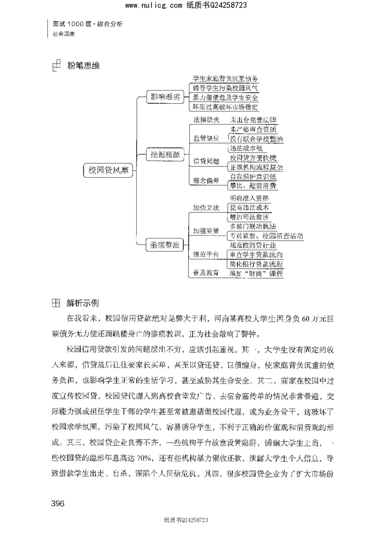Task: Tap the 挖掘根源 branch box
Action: coord(165,154)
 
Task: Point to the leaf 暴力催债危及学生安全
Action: coord(226,97)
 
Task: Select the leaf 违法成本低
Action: coord(246,148)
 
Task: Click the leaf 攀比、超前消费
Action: coord(253,186)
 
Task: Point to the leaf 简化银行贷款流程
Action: coord(256,264)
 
